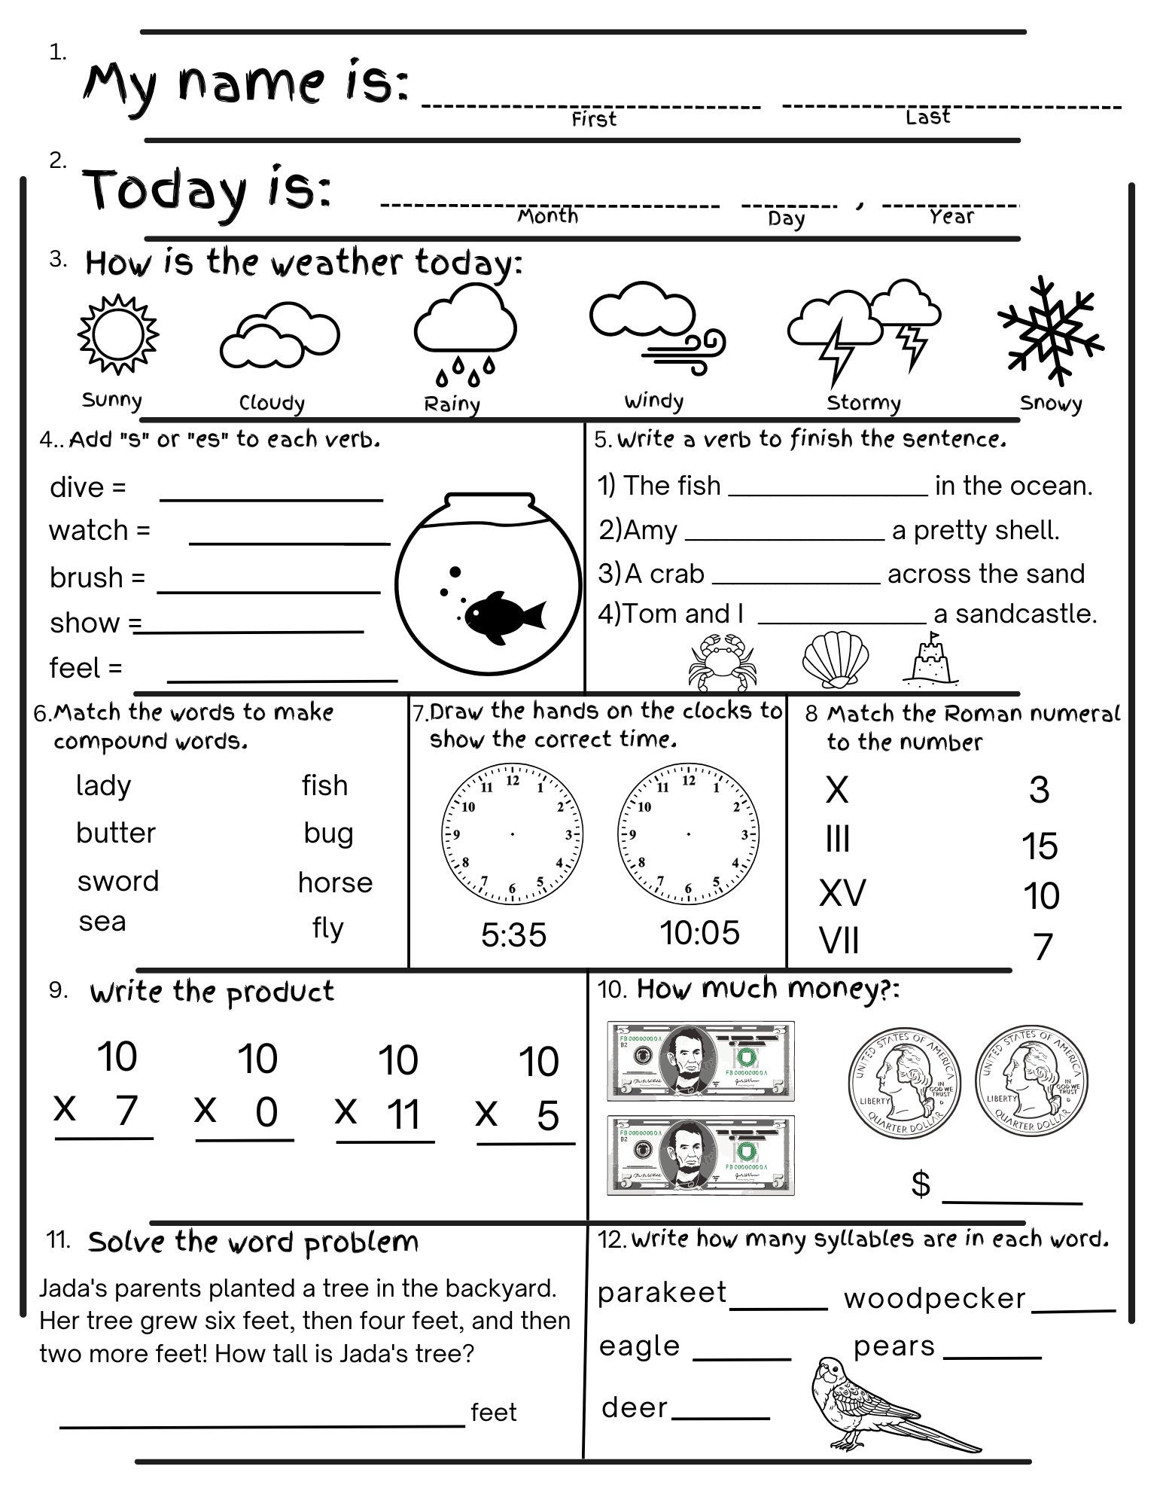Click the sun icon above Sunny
click(x=118, y=334)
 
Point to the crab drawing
click(x=719, y=660)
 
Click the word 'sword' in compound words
click(x=118, y=881)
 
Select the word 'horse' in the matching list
click(x=335, y=883)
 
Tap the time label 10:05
click(x=699, y=933)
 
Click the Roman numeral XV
click(x=842, y=893)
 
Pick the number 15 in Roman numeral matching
click(x=1040, y=846)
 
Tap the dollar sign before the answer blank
click(x=921, y=1184)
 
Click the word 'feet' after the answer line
click(x=494, y=1413)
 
